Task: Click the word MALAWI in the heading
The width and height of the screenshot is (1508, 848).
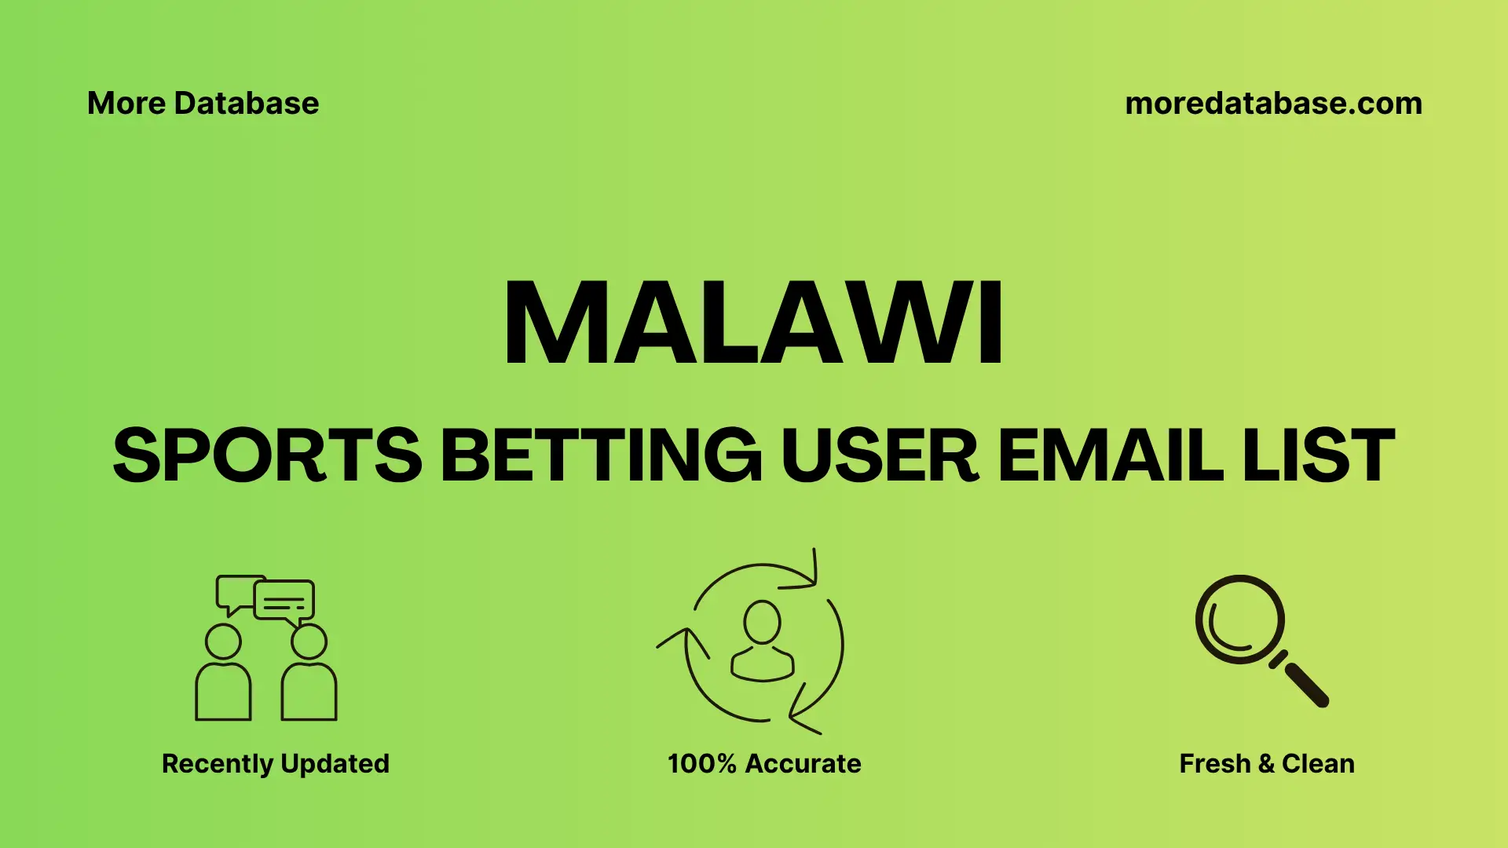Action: click(x=752, y=323)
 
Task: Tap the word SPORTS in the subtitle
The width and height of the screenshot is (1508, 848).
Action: click(x=267, y=455)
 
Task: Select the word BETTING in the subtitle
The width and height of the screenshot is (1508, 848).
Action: click(x=601, y=455)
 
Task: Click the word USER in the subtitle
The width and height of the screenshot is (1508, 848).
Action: click(x=880, y=455)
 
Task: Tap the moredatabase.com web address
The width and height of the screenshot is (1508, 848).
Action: click(x=1273, y=104)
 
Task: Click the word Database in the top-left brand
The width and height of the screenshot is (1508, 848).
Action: click(x=247, y=104)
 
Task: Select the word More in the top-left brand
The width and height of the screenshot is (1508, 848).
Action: click(x=126, y=104)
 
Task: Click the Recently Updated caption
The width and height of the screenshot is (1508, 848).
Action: click(x=275, y=763)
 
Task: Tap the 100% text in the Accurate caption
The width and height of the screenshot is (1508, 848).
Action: click(x=701, y=763)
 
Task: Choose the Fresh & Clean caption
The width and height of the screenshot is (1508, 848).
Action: click(x=1266, y=763)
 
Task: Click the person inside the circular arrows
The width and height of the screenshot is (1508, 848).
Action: click(x=762, y=642)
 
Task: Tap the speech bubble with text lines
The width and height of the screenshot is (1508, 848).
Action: click(x=284, y=601)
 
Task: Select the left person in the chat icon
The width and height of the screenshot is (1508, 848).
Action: click(x=223, y=675)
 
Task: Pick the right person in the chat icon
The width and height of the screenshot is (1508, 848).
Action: click(x=309, y=675)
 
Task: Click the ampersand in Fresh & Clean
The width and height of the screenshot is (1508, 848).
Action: click(x=1265, y=763)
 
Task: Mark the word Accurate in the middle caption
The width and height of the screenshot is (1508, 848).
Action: click(x=803, y=763)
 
